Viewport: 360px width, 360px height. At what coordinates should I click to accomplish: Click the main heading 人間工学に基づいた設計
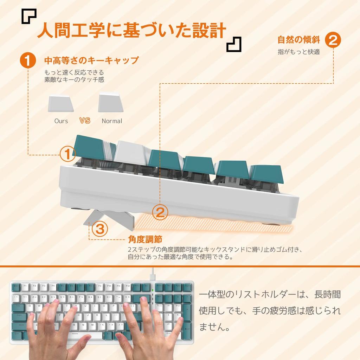(x=131, y=31)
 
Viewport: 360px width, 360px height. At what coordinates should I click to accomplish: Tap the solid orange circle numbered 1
(x=28, y=60)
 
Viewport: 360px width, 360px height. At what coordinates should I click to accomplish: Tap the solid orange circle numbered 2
(x=333, y=39)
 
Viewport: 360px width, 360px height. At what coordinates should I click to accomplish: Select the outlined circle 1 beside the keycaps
(x=68, y=153)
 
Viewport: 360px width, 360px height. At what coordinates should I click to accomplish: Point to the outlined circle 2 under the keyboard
(x=160, y=212)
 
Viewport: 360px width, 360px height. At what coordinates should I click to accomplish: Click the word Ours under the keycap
(x=61, y=121)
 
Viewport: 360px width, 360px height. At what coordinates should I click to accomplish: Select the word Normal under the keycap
(x=112, y=121)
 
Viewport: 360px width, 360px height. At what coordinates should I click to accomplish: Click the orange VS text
(x=85, y=121)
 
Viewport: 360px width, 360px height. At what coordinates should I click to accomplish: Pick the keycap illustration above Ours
(x=60, y=104)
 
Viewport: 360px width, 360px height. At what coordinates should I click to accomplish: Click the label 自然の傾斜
(x=298, y=39)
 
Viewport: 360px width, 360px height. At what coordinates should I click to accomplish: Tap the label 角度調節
(x=145, y=239)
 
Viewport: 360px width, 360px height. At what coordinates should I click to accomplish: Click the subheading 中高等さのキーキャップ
(x=91, y=60)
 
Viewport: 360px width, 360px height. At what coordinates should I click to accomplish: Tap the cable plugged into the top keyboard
(x=153, y=274)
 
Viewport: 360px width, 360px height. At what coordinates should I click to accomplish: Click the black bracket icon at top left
(x=29, y=16)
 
